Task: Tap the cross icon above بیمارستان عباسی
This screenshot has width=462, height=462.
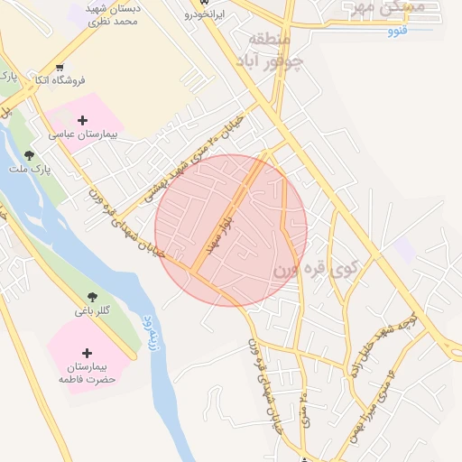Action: point(83,119)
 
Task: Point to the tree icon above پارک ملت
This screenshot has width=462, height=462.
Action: point(30,155)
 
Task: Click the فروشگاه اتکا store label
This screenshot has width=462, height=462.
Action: point(60,80)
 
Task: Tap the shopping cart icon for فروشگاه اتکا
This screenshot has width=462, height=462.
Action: point(60,67)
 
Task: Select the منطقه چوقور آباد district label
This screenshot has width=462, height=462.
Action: point(275,52)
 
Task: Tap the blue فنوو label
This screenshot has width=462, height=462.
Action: point(398,32)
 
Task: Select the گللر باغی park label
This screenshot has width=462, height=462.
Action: point(92,310)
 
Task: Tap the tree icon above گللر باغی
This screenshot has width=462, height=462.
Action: point(92,296)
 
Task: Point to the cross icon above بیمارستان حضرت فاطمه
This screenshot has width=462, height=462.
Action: point(87,353)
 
